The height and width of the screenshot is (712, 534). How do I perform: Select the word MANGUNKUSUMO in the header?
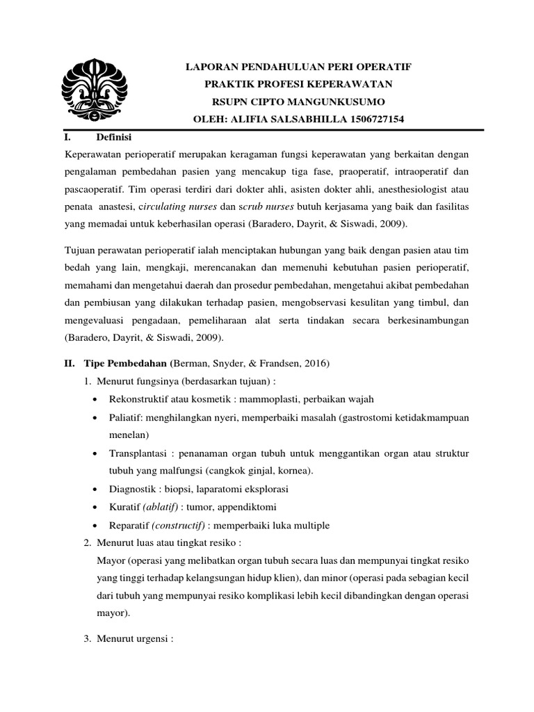click(324, 102)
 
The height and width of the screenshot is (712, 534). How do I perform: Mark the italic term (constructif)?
click(181, 525)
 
